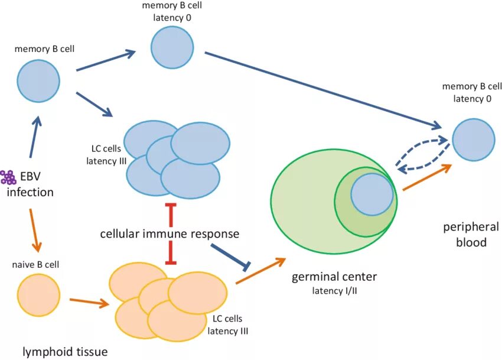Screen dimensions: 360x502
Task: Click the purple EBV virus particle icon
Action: (x=8, y=177)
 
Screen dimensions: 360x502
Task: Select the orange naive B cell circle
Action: (x=38, y=294)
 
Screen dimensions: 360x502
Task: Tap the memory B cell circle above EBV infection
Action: (x=38, y=80)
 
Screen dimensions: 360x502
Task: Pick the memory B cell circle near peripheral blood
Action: (x=473, y=140)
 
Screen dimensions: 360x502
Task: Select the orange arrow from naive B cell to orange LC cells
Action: (x=89, y=302)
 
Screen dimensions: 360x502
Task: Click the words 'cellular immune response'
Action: (x=169, y=233)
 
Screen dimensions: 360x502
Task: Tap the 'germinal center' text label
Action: (x=334, y=277)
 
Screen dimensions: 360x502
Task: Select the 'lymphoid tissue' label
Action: (x=65, y=352)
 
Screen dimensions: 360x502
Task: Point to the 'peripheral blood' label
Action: (x=470, y=234)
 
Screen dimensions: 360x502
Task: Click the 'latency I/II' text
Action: (x=334, y=290)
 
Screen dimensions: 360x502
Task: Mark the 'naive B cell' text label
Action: (x=37, y=264)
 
